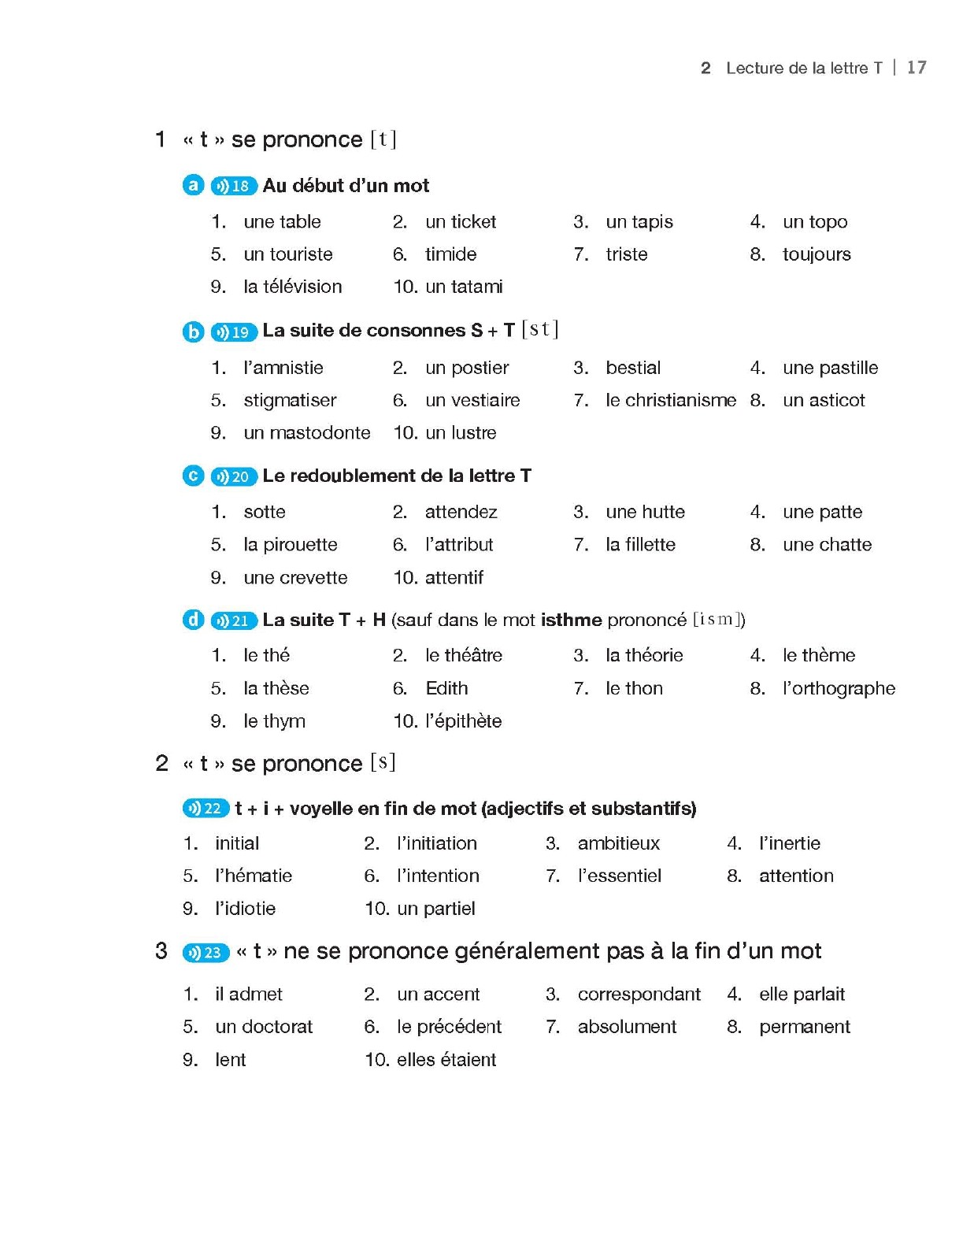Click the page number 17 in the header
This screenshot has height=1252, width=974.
click(916, 68)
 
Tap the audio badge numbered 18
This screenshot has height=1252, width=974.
click(234, 186)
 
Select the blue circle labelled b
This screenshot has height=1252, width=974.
click(193, 332)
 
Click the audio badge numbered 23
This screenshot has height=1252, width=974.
click(206, 953)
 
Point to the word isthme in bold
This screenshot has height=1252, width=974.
click(571, 620)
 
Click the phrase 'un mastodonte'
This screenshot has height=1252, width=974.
click(306, 433)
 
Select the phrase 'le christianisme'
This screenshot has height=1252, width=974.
click(670, 400)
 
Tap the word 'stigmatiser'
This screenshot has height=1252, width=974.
click(290, 400)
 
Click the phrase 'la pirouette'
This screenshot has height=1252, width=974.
click(290, 545)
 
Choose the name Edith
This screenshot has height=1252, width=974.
click(446, 688)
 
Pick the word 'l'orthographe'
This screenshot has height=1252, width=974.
click(839, 688)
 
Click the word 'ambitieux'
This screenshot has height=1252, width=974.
click(618, 843)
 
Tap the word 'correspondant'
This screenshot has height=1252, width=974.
click(639, 995)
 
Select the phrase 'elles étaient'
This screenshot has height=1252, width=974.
click(446, 1060)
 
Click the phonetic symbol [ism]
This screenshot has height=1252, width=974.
click(717, 620)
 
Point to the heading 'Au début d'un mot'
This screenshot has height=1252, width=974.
click(346, 186)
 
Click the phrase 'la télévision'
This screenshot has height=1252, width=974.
click(292, 287)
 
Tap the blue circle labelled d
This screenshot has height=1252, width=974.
click(193, 620)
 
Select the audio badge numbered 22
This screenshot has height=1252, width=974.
click(206, 809)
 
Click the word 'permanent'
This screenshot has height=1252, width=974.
click(804, 1027)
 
